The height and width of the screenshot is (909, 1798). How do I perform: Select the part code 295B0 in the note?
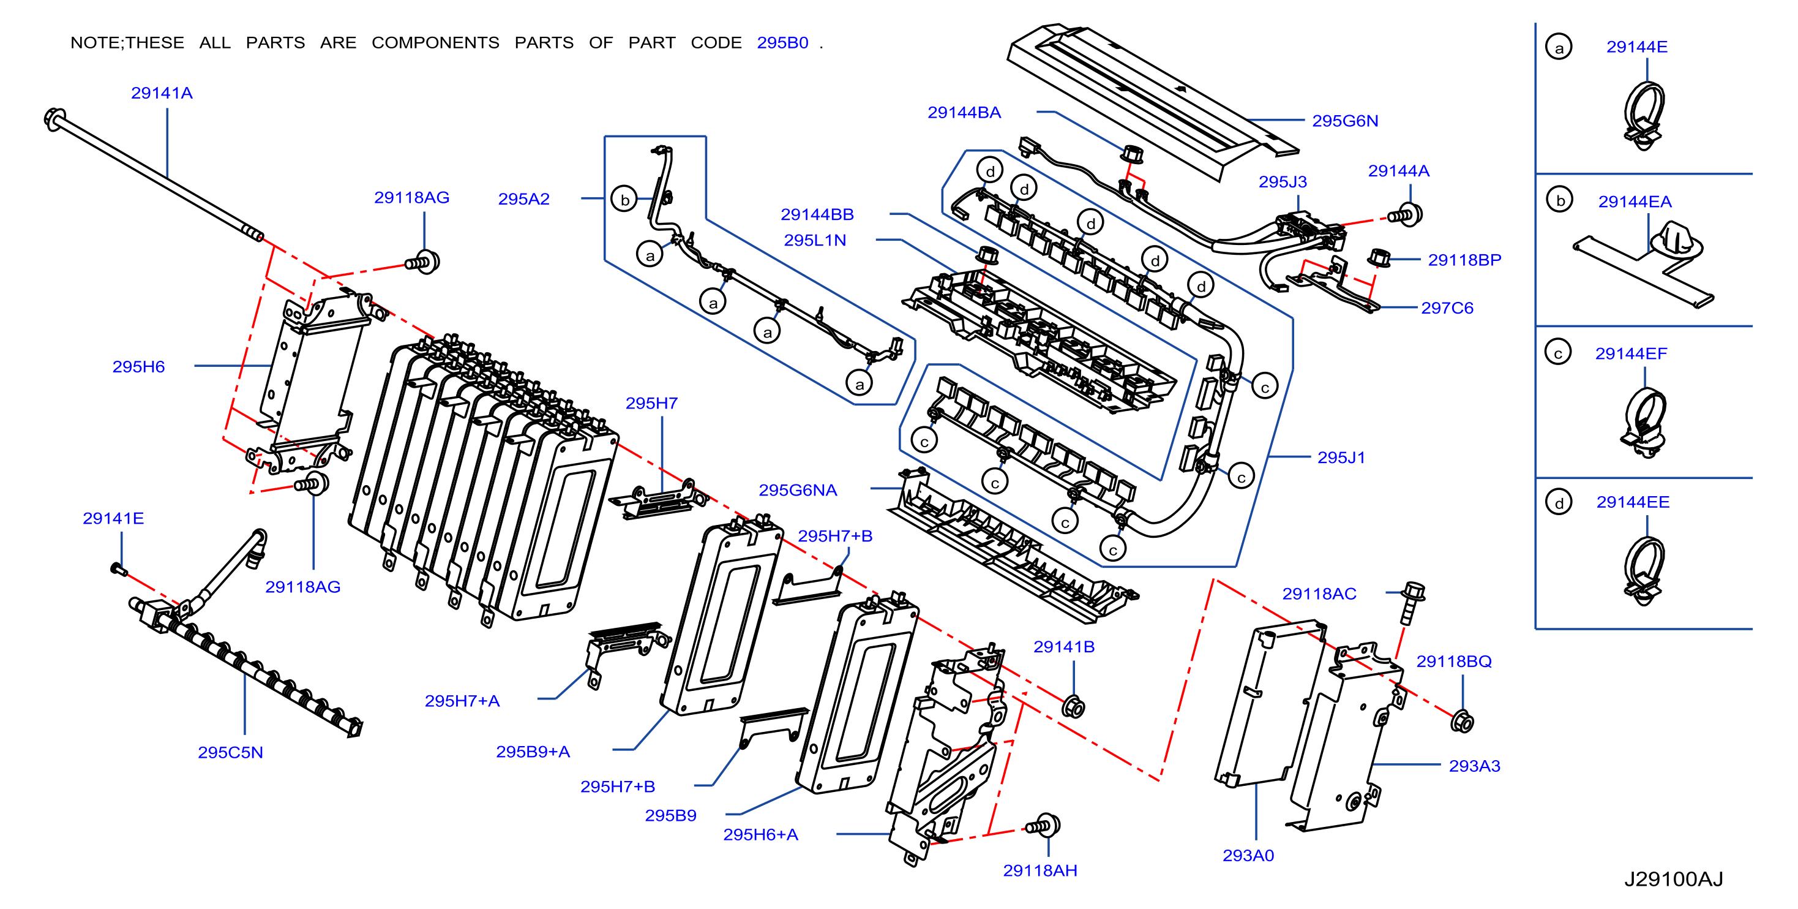[x=782, y=43]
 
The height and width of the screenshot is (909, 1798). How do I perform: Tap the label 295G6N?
[x=1345, y=121]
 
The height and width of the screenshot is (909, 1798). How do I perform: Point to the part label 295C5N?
[x=230, y=753]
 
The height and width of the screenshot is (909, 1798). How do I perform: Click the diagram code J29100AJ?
[x=1674, y=879]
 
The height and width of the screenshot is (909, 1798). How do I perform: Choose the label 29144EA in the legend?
[x=1635, y=202]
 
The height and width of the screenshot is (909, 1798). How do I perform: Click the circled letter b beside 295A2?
[x=624, y=200]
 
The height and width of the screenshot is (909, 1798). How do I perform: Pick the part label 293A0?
[x=1248, y=855]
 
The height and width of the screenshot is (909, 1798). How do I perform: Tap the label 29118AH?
[x=1040, y=870]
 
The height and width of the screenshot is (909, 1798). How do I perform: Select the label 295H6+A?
[x=761, y=834]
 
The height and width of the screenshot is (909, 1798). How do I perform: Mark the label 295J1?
[x=1341, y=458]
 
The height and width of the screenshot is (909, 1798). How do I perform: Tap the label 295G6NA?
[x=798, y=490]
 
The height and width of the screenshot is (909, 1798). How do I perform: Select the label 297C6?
[x=1447, y=308]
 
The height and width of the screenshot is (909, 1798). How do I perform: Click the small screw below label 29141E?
[x=119, y=570]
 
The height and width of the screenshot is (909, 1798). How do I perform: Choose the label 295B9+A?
[x=533, y=752]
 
